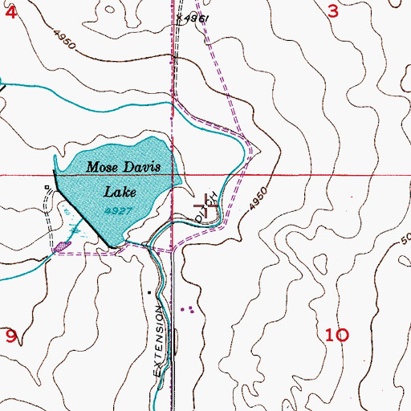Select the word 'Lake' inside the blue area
tap(120, 192)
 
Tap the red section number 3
tap(334, 11)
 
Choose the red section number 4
tap(10, 11)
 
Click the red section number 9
tap(10, 336)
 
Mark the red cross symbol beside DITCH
tap(211, 206)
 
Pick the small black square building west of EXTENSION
tap(149, 293)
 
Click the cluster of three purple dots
tap(189, 308)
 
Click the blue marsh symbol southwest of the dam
tap(74, 230)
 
